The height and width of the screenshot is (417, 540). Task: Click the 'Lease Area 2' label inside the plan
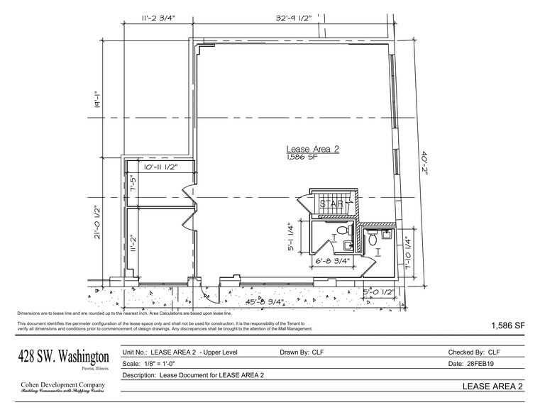(313, 149)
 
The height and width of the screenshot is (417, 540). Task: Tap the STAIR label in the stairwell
(332, 204)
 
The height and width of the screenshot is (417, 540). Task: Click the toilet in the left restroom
(342, 230)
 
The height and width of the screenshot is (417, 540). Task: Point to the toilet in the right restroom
(373, 240)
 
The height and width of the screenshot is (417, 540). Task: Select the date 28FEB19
(485, 363)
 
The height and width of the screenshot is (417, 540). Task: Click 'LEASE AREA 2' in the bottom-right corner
(492, 386)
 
